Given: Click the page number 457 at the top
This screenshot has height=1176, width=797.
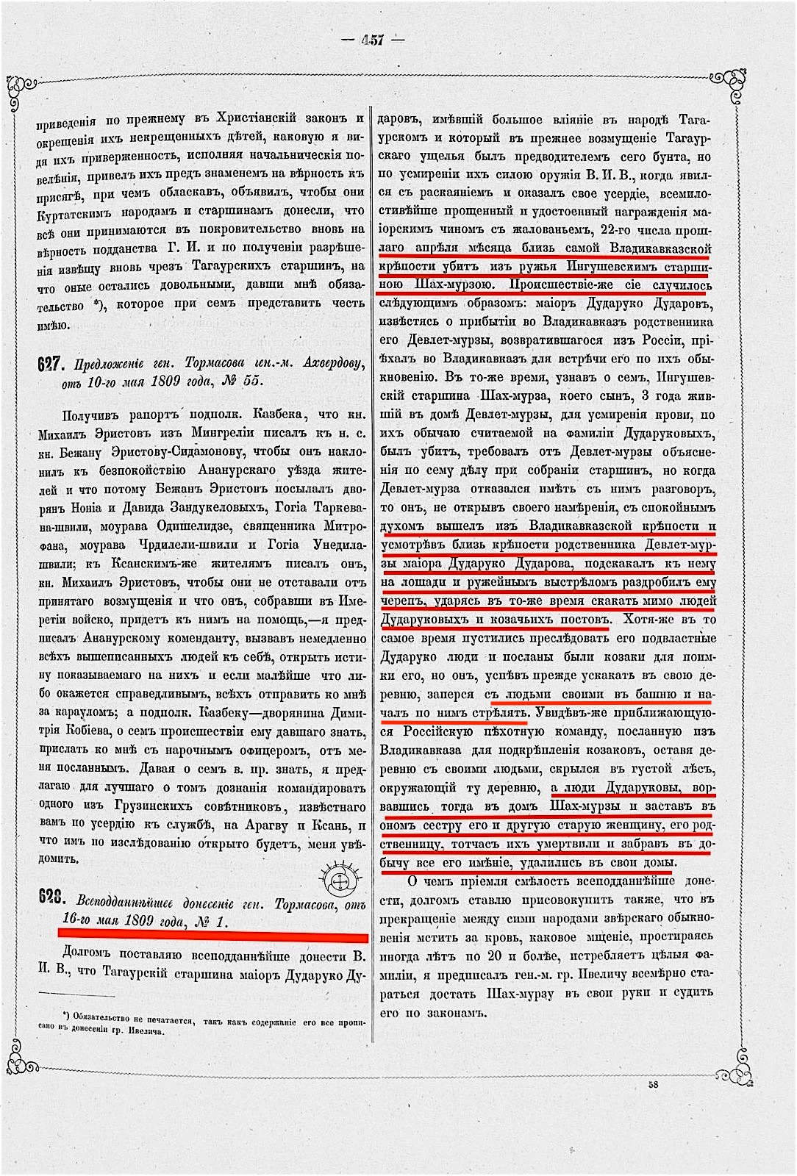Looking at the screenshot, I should (x=372, y=40).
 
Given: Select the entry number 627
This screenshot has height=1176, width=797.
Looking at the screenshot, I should (x=49, y=364).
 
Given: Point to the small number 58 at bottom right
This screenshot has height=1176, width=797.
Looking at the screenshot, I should (x=654, y=1084).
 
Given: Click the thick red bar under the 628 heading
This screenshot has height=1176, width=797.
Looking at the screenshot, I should (x=212, y=937).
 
